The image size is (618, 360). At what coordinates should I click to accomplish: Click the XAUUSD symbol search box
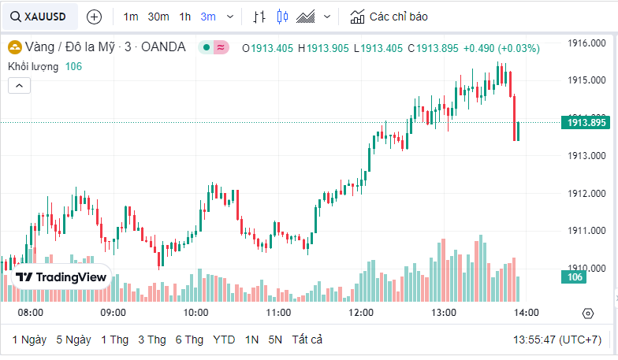coord(39,17)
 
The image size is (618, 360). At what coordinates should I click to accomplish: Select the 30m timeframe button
coord(158,17)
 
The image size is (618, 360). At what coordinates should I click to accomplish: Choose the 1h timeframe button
coord(184,17)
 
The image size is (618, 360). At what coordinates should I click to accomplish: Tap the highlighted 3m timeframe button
coord(208,17)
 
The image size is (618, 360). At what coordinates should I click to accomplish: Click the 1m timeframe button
coord(131,17)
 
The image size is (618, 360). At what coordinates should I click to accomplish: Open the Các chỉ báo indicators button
coord(389,17)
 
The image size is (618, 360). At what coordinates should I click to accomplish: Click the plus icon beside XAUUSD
coord(94,17)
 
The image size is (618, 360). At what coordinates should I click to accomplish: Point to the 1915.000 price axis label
coord(587,80)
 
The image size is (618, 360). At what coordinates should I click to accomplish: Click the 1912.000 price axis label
coord(587,194)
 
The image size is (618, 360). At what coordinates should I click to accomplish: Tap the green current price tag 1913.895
coord(584,122)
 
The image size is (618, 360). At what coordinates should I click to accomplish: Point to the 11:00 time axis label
coord(278,313)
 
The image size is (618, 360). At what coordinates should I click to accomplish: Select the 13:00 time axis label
coord(444,313)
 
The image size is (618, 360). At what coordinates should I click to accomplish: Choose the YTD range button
coord(224,340)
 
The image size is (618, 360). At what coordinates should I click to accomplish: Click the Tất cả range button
coord(307,340)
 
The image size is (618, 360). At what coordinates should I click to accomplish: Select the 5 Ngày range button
coord(73,340)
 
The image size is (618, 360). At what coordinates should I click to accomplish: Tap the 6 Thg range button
coord(189,340)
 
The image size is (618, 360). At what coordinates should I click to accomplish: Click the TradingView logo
coord(61,277)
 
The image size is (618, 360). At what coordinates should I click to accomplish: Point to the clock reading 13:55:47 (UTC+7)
coord(557,340)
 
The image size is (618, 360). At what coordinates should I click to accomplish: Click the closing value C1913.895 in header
coord(433,48)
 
